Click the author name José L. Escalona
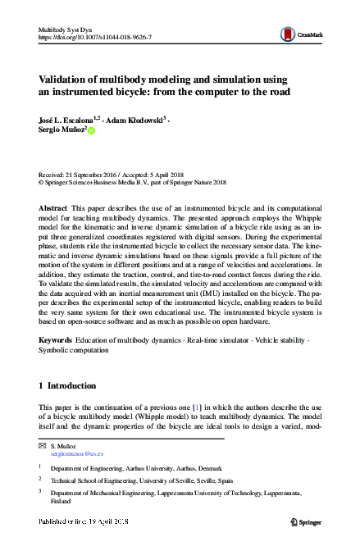(66, 120)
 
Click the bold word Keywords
(57, 339)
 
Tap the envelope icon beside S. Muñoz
(43, 445)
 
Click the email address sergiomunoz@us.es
(75, 453)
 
